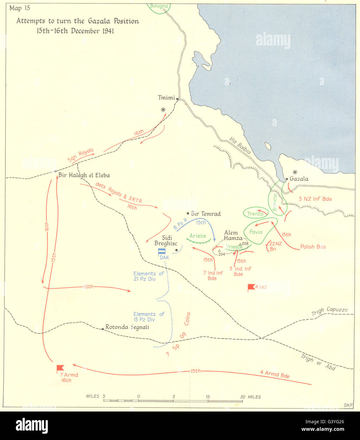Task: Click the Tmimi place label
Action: pos(166,97)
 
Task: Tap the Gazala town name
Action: pos(299,179)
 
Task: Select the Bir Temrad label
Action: pos(205,214)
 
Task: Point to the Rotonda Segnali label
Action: pos(127,327)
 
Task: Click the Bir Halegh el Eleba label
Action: pos(84,175)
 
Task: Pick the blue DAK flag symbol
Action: pos(162,252)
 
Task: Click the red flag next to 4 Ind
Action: pos(251,287)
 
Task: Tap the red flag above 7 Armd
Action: pos(60,368)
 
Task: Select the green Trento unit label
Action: pos(255,214)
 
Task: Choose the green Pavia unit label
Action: pos(256,232)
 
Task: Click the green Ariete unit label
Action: pos(198,236)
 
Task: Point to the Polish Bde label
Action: pos(313,247)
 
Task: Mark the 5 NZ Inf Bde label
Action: pos(315,199)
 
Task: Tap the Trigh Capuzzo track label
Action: pos(329,311)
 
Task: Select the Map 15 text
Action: pos(20,8)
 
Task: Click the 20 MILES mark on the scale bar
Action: pos(250,397)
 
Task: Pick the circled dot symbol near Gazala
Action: pos(295,172)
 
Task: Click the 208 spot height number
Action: pos(245,243)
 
